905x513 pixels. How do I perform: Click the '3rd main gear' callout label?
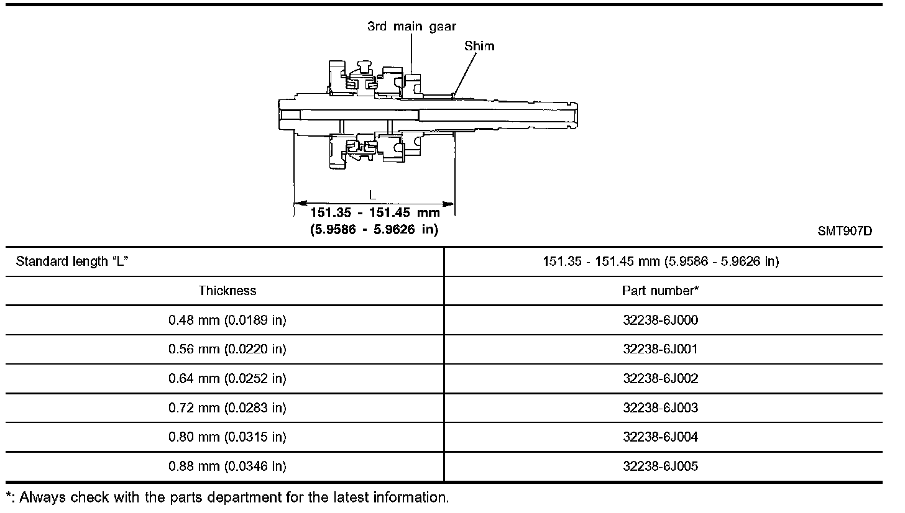(411, 26)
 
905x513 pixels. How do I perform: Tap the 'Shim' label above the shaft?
(479, 46)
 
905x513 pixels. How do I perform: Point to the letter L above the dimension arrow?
(373, 194)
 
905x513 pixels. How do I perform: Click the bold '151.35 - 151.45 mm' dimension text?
(375, 212)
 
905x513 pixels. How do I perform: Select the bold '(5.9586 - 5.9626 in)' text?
(374, 230)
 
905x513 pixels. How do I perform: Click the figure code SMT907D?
(845, 232)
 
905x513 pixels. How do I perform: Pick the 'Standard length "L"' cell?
(72, 261)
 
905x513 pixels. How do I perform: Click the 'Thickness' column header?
(227, 291)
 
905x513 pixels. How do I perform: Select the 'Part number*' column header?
(660, 291)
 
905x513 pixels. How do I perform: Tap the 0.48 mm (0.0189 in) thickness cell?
(227, 320)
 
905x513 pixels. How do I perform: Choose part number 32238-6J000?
(660, 320)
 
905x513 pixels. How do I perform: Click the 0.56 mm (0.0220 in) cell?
(227, 349)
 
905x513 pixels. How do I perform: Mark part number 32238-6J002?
(660, 379)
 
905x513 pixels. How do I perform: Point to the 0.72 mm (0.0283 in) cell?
(227, 408)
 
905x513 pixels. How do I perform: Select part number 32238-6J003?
(660, 408)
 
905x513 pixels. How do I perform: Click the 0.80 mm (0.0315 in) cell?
(227, 437)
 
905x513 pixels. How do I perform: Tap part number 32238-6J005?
(660, 466)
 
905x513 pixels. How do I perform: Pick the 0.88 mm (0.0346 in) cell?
(227, 466)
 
